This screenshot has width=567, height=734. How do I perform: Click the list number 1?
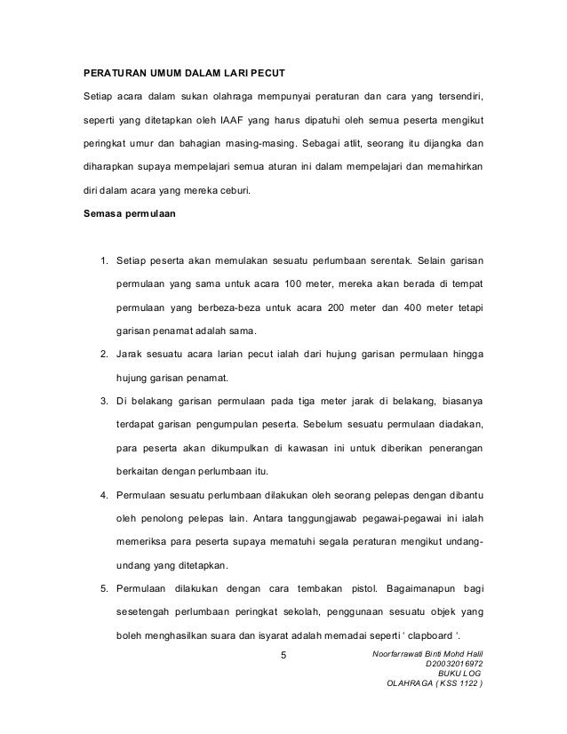pos(104,260)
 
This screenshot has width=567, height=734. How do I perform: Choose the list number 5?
pos(104,588)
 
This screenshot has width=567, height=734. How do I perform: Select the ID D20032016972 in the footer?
pos(457,664)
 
